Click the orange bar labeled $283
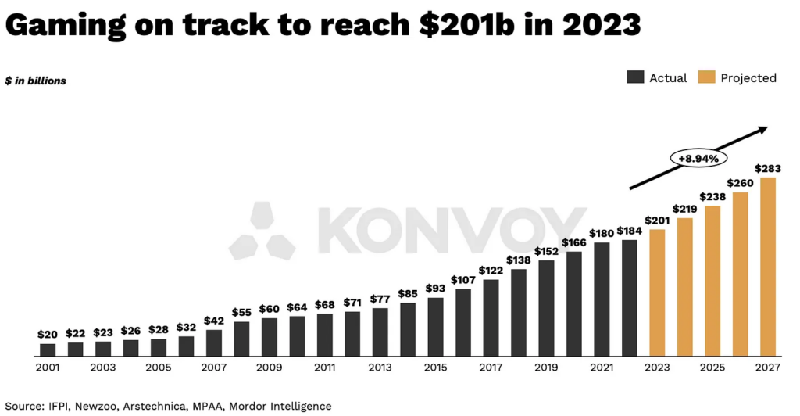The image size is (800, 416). pos(767,267)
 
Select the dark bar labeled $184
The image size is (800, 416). pos(629,297)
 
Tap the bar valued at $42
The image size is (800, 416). pos(214,342)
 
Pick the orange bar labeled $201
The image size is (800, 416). pos(657,292)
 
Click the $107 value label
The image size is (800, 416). pos(462,279)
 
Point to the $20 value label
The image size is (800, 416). pos(48,334)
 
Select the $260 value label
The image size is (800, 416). pos(740,183)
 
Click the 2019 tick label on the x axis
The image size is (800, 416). pos(546,366)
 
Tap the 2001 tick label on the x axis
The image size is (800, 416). pos(48,366)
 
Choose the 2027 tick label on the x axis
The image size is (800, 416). pos(767,366)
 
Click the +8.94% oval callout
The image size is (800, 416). pos(698,158)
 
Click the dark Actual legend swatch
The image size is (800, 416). pos(634,77)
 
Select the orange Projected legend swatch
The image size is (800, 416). pos(706,77)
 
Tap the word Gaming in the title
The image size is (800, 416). pos(65,25)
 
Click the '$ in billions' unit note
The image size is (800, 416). pos(35,81)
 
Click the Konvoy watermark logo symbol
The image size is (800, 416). pos(262,231)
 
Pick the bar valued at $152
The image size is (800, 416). pos(546,308)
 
